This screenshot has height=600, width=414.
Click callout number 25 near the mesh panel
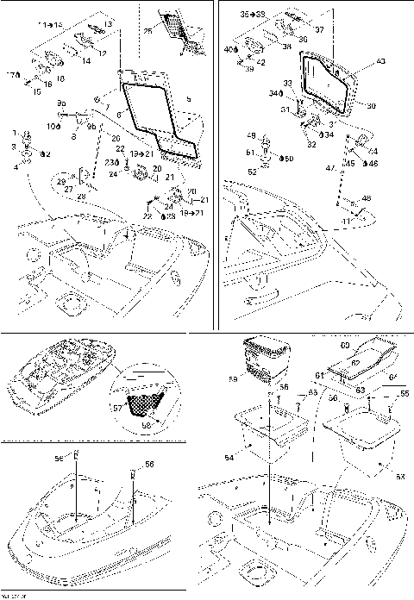147,31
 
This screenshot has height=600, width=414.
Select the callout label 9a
61,103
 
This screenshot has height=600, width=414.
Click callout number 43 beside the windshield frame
382,62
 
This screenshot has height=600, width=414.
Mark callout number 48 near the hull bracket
366,198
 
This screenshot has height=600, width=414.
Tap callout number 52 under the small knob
253,172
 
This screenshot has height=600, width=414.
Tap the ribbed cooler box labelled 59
267,356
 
